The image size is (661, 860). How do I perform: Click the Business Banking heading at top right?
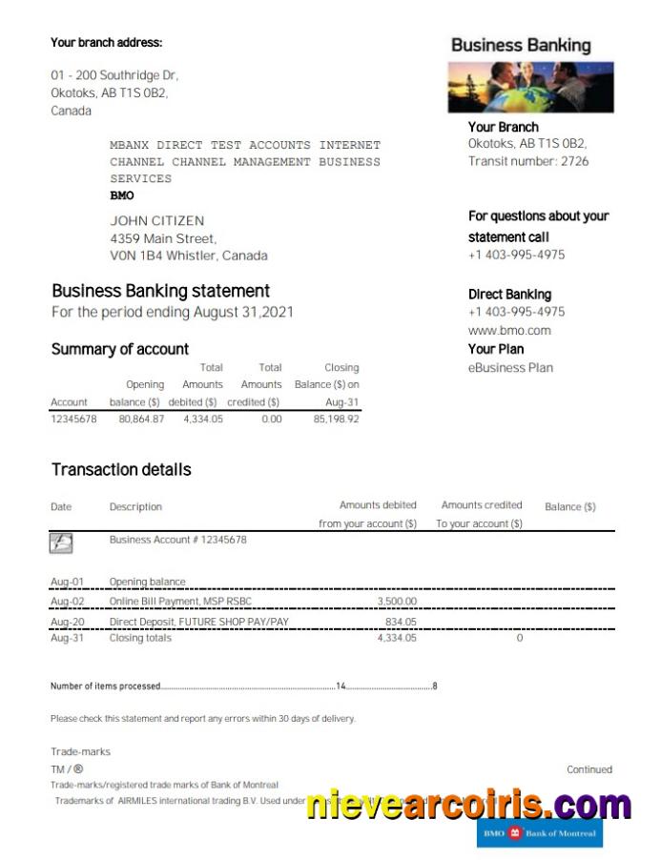[521, 45]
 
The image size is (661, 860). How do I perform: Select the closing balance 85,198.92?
[336, 419]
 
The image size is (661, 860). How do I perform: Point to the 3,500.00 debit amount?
[397, 602]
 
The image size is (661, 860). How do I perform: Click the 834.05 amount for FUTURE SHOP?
[401, 622]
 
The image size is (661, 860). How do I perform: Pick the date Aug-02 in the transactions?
[67, 602]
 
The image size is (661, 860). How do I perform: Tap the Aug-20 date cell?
[67, 622]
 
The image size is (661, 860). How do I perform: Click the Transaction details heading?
[121, 469]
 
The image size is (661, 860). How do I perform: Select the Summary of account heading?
[120, 349]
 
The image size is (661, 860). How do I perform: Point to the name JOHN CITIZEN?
[157, 221]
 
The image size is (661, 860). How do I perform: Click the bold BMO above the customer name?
[122, 195]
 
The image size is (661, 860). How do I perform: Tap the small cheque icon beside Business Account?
[61, 543]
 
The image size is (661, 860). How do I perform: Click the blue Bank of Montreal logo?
[540, 833]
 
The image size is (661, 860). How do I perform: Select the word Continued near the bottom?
[589, 769]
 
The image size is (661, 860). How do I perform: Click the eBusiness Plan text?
[510, 368]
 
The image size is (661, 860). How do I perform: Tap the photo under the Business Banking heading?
[530, 88]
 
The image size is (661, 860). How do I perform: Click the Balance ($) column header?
[570, 507]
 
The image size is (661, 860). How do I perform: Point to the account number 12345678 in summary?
[73, 419]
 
